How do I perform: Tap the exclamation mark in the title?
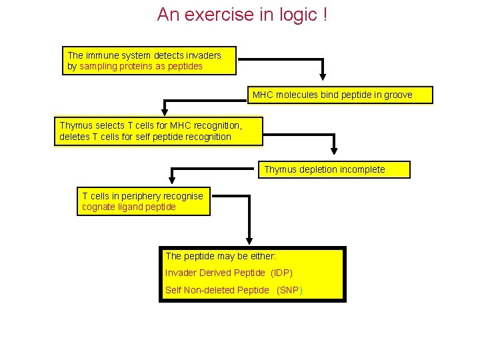point(324,15)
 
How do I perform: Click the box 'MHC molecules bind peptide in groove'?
point(340,95)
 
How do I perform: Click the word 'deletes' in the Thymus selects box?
point(74,137)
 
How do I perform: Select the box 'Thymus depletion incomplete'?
point(334,169)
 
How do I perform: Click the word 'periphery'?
point(146,196)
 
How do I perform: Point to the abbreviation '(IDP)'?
point(281,273)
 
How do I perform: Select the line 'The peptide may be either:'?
point(221,256)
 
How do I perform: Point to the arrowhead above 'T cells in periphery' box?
point(172,179)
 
